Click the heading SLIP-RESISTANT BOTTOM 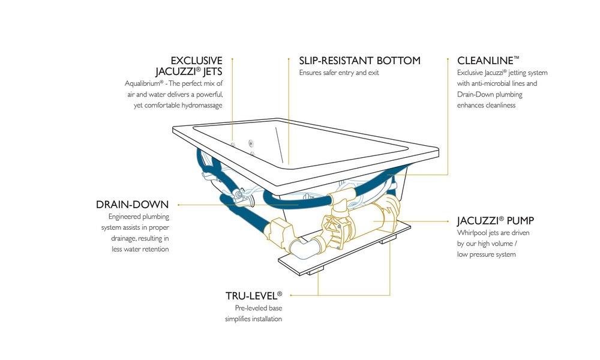pyautogui.click(x=359, y=61)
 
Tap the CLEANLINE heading pyautogui.click(x=488, y=61)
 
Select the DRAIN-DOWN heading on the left pyautogui.click(x=132, y=205)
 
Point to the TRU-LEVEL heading pyautogui.click(x=253, y=296)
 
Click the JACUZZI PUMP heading pyautogui.click(x=496, y=220)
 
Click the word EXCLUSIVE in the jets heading pyautogui.click(x=197, y=61)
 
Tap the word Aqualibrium pyautogui.click(x=145, y=83)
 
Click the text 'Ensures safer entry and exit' pyautogui.click(x=339, y=73)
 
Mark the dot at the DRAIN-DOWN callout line pyautogui.click(x=178, y=205)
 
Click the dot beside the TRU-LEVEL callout pyautogui.click(x=289, y=295)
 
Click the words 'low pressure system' pyautogui.click(x=486, y=254)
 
